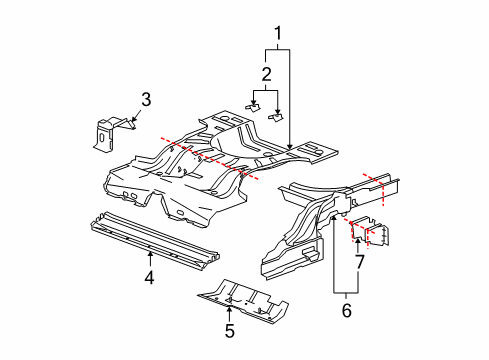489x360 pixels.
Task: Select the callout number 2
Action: (x=265, y=73)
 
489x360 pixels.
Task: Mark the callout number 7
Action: (x=357, y=263)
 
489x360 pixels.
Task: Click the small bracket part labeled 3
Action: (x=108, y=133)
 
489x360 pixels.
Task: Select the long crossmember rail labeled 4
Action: (x=150, y=240)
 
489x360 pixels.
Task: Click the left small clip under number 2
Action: (x=253, y=106)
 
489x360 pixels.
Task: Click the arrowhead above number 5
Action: (x=228, y=303)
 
